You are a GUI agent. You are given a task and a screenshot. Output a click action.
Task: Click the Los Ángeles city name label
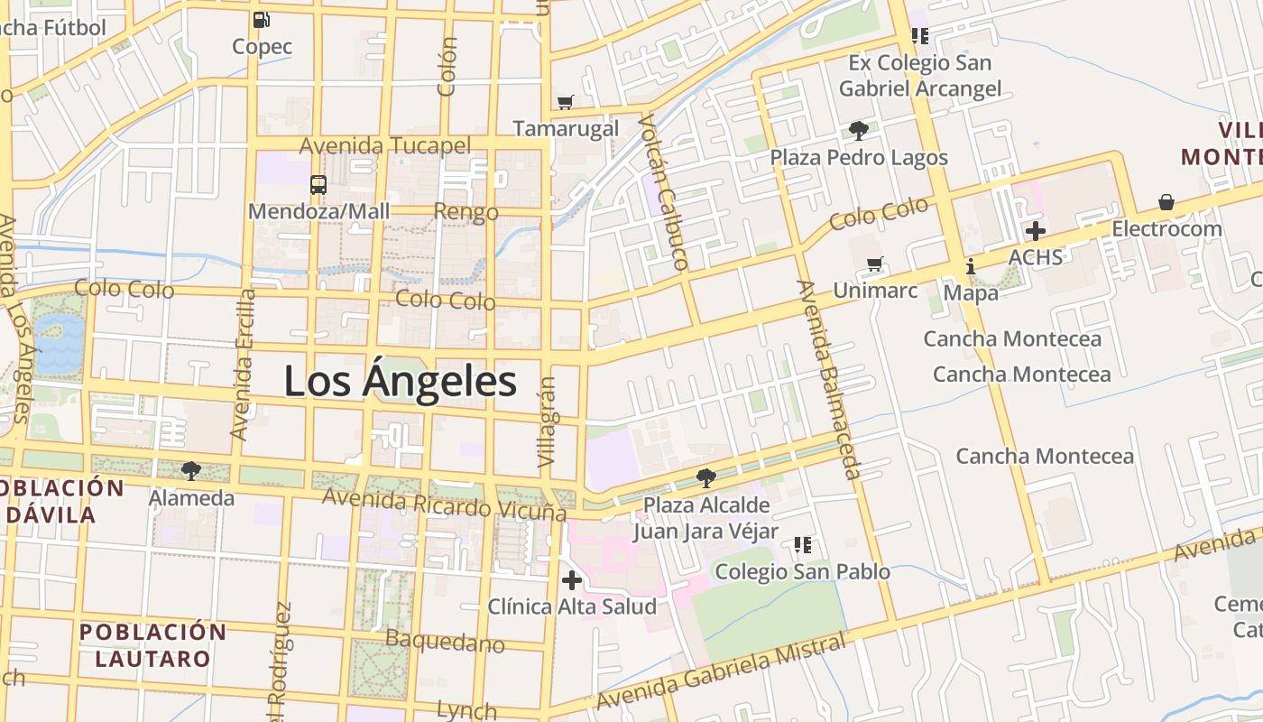coord(401,381)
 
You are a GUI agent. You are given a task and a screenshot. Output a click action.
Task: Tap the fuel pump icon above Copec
coord(262,19)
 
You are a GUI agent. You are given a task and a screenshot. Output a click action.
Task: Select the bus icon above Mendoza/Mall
coord(318,185)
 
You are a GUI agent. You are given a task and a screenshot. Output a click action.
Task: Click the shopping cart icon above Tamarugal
coord(566,102)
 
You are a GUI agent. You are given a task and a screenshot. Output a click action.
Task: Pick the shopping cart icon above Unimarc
coord(874,264)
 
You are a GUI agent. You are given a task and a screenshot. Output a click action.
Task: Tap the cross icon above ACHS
coord(1035,231)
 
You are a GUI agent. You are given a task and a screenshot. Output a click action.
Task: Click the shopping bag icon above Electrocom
coord(1166,202)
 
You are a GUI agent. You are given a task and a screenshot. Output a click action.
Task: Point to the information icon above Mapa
coord(971,267)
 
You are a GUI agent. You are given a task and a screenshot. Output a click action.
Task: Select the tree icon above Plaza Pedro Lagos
coord(858,131)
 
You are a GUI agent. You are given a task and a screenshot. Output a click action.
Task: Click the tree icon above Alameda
coord(190,471)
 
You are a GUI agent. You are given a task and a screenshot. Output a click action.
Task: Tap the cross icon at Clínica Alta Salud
coord(571,580)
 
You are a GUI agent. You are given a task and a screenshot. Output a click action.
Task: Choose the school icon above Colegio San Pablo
coord(802,544)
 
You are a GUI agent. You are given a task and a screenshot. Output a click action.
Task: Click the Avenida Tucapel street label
coord(385,145)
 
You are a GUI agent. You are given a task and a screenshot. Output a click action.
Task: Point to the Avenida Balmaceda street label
coord(829,379)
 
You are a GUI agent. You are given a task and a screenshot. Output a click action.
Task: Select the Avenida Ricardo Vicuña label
coord(444,504)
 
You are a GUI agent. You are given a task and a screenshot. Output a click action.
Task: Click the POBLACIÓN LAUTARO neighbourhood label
coord(152,644)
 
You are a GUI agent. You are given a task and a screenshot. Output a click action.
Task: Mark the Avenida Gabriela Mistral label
coord(722,671)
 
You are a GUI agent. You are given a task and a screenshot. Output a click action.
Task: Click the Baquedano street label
coord(445,641)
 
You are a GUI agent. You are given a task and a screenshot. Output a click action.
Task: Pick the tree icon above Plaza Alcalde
coord(706,477)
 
